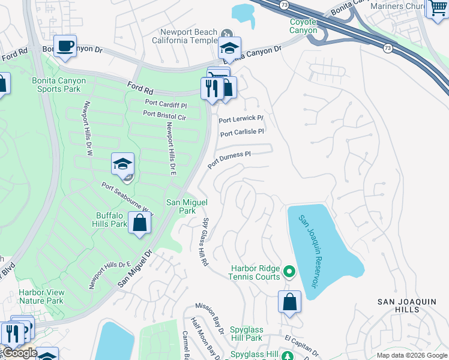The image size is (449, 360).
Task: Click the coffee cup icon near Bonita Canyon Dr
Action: click(x=65, y=46)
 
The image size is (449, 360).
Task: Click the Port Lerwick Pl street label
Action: click(x=241, y=119)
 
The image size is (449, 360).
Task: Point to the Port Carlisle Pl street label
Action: click(x=242, y=133)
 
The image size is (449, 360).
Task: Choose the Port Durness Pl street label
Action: click(x=229, y=159)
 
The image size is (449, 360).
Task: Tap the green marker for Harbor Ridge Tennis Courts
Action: click(x=289, y=272)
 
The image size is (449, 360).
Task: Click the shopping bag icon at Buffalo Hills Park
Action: click(x=139, y=224)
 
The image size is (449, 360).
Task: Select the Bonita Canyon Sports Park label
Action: click(x=58, y=85)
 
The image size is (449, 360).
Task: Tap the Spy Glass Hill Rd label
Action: click(x=205, y=242)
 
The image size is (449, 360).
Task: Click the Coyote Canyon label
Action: click(x=303, y=26)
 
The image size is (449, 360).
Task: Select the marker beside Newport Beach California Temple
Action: click(x=227, y=34)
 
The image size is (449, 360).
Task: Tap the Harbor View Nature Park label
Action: click(x=41, y=296)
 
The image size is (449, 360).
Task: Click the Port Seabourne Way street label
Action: click(x=127, y=200)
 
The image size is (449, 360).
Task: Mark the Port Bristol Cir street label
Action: click(x=164, y=114)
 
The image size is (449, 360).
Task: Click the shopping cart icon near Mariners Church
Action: click(x=436, y=9)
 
